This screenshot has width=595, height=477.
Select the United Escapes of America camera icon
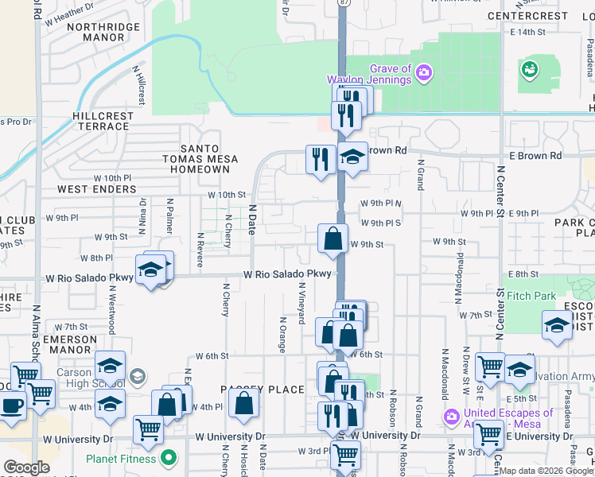452,417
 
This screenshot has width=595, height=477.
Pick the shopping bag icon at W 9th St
332,238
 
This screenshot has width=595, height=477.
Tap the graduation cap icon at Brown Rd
352,157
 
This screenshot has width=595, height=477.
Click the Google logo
26,467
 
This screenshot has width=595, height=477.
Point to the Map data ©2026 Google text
546,471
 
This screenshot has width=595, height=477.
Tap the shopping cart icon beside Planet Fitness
148,429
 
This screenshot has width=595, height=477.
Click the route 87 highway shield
343,3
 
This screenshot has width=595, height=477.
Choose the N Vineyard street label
301,303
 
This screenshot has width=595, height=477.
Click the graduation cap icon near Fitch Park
557,324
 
